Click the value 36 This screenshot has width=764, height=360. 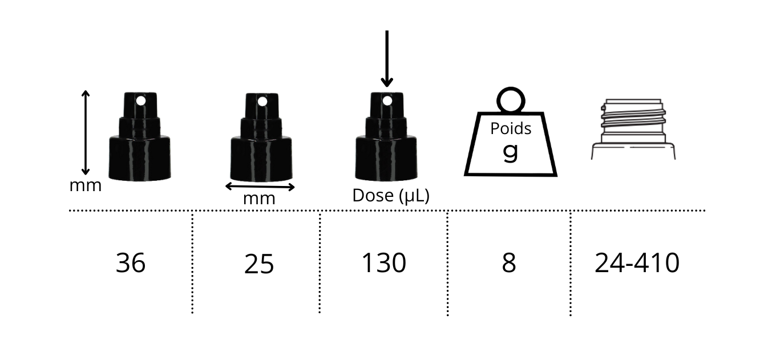[131, 263]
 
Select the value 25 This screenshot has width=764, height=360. [259, 264]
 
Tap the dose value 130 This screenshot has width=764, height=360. [383, 263]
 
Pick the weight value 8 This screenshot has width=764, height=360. [508, 263]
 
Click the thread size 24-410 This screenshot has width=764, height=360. [637, 263]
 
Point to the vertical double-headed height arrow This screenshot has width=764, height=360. [86, 132]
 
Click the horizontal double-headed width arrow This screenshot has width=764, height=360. [260, 187]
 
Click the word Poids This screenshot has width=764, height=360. [511, 128]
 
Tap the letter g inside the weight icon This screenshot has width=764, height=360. [511, 151]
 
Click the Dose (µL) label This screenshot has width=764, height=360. [390, 196]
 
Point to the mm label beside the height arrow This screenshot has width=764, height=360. [86, 185]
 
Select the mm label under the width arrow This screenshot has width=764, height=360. [259, 199]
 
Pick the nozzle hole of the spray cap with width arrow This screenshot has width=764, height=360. [262, 102]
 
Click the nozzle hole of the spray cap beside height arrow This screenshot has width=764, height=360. [140, 102]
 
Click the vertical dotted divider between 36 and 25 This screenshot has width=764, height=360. [192, 262]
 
